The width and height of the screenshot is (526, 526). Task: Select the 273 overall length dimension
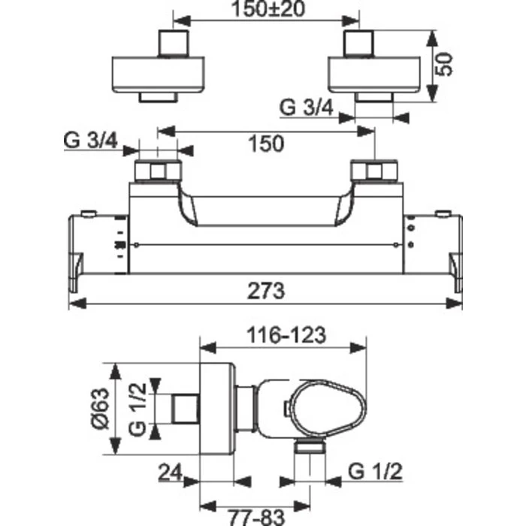pos(265,290)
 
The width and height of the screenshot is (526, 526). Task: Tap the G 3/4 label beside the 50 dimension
pos(307,107)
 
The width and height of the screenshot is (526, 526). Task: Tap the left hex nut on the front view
pos(157,171)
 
